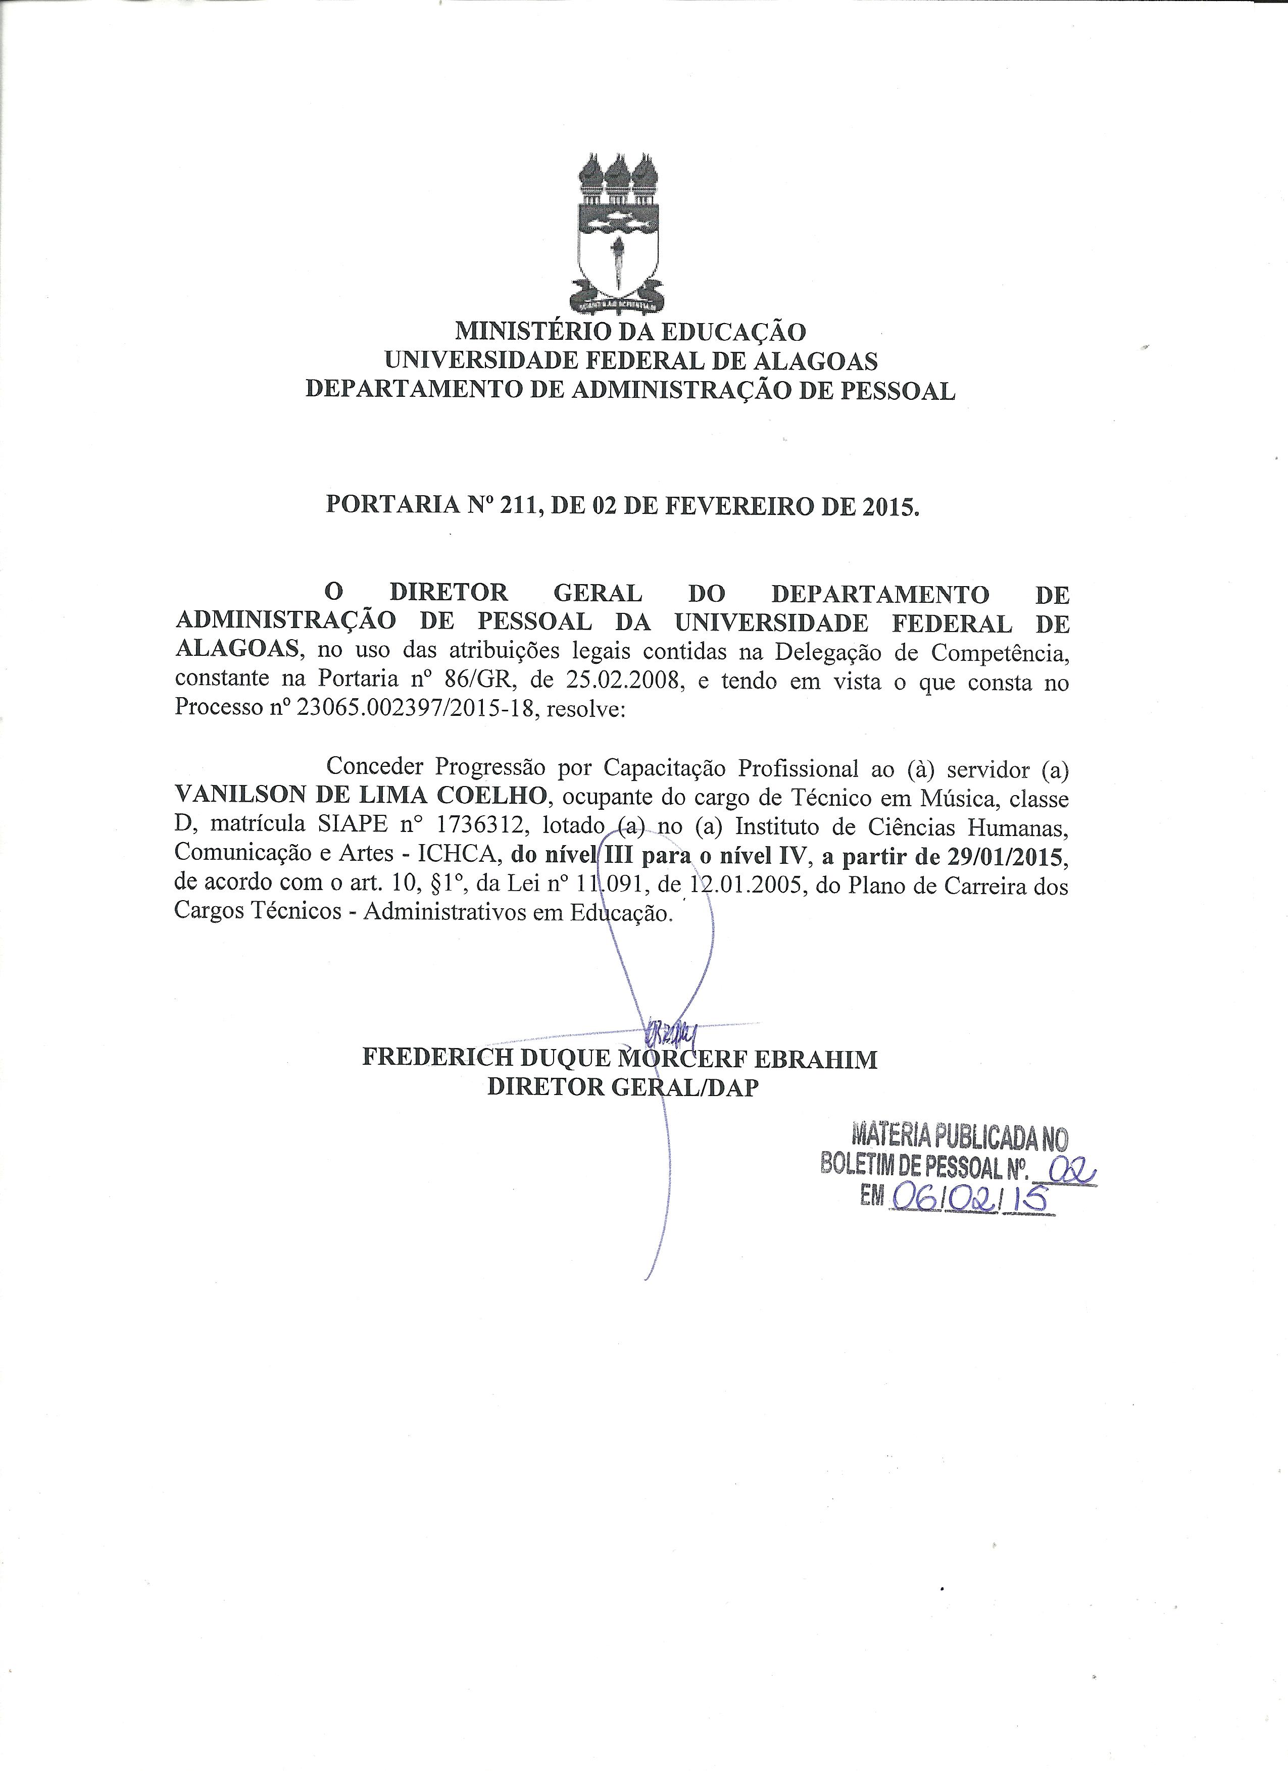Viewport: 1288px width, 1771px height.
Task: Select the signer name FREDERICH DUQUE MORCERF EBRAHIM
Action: pyautogui.click(x=619, y=1059)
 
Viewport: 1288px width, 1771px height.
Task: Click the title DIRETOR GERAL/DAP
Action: pyautogui.click(x=622, y=1087)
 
